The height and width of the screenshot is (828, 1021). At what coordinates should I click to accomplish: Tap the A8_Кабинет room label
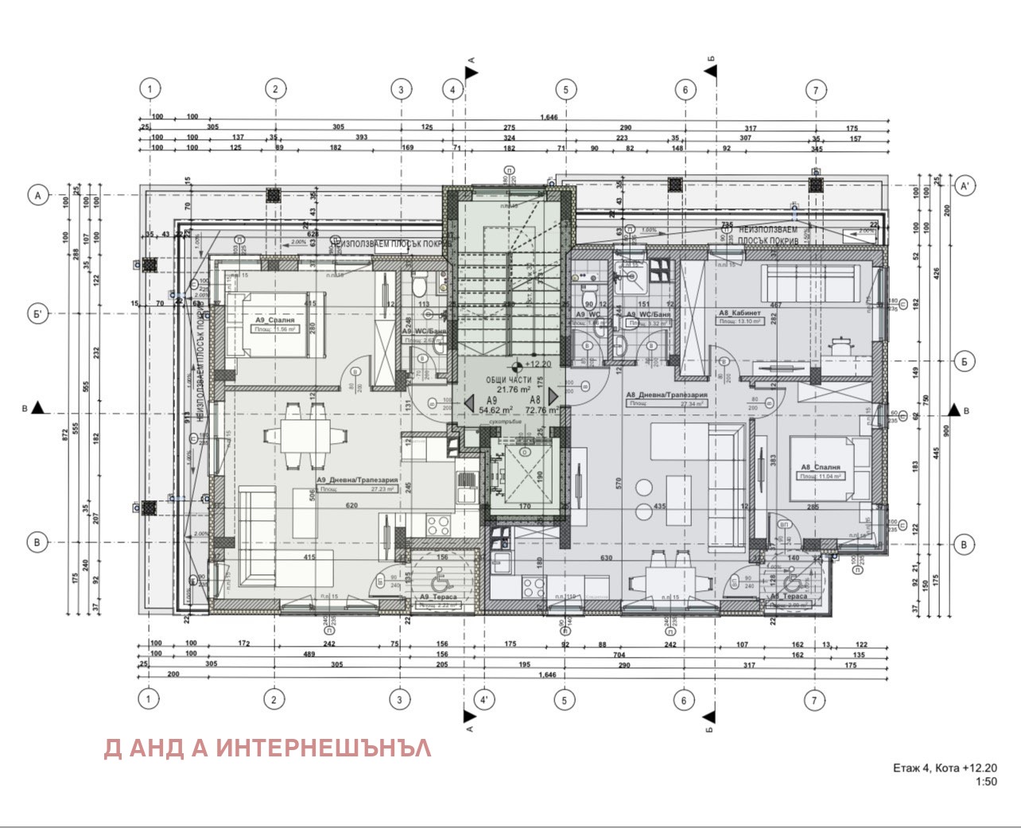[x=740, y=313]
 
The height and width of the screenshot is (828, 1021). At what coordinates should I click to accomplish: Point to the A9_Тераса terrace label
[x=435, y=597]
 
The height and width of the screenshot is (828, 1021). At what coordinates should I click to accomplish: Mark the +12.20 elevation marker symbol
[x=517, y=366]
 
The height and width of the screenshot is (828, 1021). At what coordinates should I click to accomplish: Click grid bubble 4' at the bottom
[x=483, y=700]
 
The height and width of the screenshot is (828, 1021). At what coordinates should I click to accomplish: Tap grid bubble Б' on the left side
[x=37, y=313]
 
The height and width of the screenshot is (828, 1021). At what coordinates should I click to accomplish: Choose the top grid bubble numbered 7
[x=815, y=90]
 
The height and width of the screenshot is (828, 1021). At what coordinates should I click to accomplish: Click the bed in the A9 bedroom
[x=266, y=326]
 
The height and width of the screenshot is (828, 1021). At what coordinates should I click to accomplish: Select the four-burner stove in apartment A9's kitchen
[x=438, y=526]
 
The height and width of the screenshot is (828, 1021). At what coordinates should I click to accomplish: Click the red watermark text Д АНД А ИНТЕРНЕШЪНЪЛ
[x=268, y=748]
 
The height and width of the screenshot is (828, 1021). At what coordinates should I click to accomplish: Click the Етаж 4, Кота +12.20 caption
[x=944, y=768]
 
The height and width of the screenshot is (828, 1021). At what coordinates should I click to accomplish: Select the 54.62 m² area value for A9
[x=495, y=410]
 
